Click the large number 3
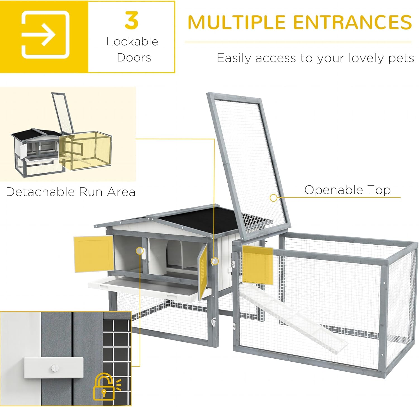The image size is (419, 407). coord(131,20)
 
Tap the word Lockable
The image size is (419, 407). coord(132,42)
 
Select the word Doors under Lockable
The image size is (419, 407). coord(134,58)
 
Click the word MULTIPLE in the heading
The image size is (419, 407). coord(237,22)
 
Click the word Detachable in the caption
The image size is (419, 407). coord(40,192)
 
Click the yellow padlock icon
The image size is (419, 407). coord(104,387)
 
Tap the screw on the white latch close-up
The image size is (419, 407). coord(55,368)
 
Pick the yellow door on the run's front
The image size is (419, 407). coord(257,265)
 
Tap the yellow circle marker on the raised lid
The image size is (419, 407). coord(273,198)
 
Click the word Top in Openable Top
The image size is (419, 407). coord(379,190)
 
